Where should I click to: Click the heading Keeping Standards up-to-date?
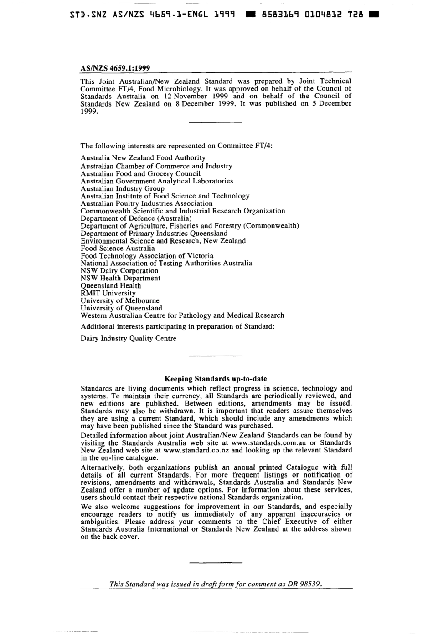(x=216, y=379)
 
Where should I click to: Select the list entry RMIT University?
(x=108, y=293)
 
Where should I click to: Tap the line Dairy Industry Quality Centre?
(x=128, y=339)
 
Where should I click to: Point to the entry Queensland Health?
(x=111, y=286)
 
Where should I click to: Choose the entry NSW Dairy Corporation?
(x=119, y=271)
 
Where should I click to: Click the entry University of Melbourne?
(x=120, y=300)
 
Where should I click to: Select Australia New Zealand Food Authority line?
(x=143, y=158)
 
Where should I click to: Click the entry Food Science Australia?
(x=118, y=249)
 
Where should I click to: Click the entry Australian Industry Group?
(x=123, y=188)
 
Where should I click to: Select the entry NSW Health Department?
(x=120, y=278)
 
